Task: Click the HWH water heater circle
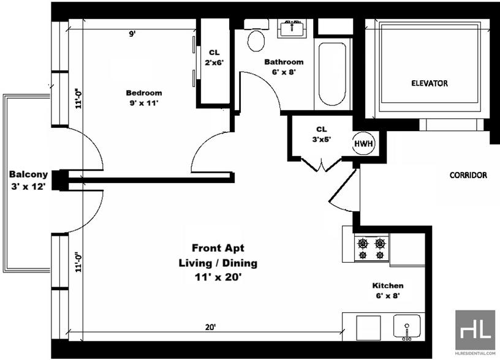click(363, 143)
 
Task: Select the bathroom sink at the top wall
click(292, 28)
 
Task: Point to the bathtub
click(332, 74)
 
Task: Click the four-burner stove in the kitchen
click(371, 248)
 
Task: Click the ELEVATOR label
click(430, 83)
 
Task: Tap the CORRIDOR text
click(468, 175)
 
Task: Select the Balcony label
click(29, 174)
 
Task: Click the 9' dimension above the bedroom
click(132, 34)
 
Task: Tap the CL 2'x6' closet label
click(214, 58)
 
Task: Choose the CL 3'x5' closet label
click(322, 134)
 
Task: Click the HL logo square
click(475, 330)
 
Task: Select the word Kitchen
click(388, 285)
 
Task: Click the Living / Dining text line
click(218, 263)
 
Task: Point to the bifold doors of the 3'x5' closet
click(322, 163)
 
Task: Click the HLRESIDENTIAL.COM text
click(475, 353)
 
